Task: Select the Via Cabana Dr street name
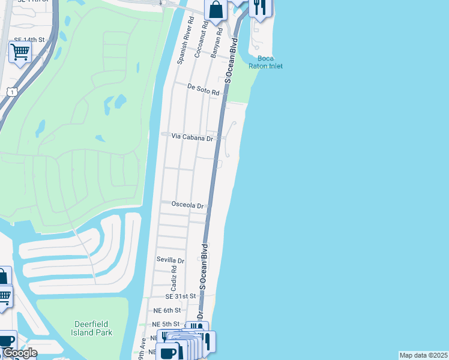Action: pyautogui.click(x=192, y=137)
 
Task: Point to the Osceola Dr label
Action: pyautogui.click(x=188, y=205)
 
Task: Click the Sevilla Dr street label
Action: pyautogui.click(x=170, y=260)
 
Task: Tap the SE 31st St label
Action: pyautogui.click(x=181, y=296)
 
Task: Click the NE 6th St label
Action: pyautogui.click(x=167, y=310)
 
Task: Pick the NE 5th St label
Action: pyautogui.click(x=166, y=324)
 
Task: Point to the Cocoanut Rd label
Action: pyautogui.click(x=201, y=40)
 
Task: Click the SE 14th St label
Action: pyautogui.click(x=29, y=40)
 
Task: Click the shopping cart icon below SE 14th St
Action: pyautogui.click(x=20, y=53)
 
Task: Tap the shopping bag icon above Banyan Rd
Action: pyautogui.click(x=215, y=10)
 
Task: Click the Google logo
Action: pyautogui.click(x=19, y=353)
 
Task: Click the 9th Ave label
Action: pyautogui.click(x=142, y=348)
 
